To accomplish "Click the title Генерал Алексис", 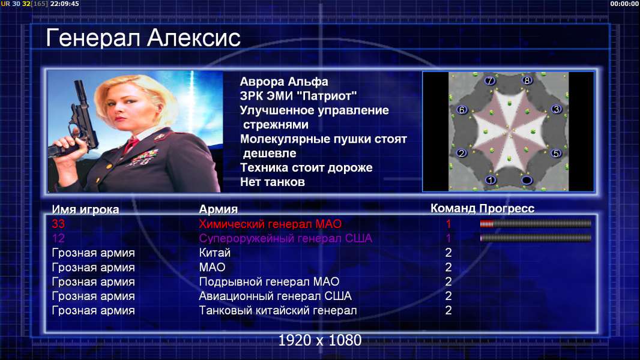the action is point(143,38).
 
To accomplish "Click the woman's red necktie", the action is point(131,144).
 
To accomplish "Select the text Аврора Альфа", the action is point(283,82).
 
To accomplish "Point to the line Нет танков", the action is point(272,182).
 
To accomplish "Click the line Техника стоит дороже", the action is point(306,167).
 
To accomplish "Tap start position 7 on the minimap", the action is point(490,81).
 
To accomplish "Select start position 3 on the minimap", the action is point(557,109).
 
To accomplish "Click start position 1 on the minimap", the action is point(491,180).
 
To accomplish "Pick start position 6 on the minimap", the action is point(462,110).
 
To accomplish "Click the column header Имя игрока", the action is point(85,209).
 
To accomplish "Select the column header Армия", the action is point(218,209).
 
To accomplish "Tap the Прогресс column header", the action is point(507,208).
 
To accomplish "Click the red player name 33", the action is point(58,224).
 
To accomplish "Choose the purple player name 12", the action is point(58,238).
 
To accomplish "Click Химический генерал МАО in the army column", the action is point(270,224).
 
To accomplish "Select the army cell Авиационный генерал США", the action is point(275,296).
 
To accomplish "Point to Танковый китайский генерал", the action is point(277,310).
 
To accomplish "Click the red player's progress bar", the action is point(536,223).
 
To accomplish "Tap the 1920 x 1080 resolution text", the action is point(320,340).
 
